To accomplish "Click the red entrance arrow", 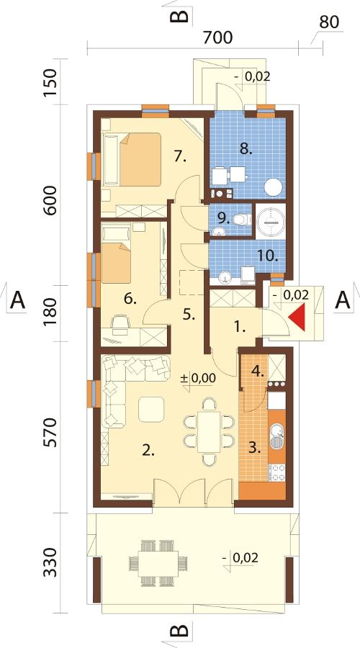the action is pyautogui.click(x=298, y=317).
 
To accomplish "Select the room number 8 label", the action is pyautogui.click(x=246, y=149).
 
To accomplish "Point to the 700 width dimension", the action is pyautogui.click(x=218, y=37).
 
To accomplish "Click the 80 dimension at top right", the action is pyautogui.click(x=329, y=22).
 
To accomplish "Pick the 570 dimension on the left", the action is pyautogui.click(x=50, y=432).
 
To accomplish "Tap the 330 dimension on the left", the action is pyautogui.click(x=50, y=562).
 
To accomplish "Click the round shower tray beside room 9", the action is pyautogui.click(x=270, y=222).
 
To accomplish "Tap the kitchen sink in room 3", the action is pyautogui.click(x=276, y=438).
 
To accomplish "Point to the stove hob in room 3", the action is pyautogui.click(x=277, y=473).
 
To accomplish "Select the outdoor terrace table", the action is pyautogui.click(x=159, y=562).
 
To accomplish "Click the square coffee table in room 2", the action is pyautogui.click(x=151, y=409).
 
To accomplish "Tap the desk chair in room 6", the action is pyautogui.click(x=120, y=323).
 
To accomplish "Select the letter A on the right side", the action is pyautogui.click(x=342, y=300).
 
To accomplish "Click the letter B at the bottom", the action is pyautogui.click(x=180, y=631).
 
